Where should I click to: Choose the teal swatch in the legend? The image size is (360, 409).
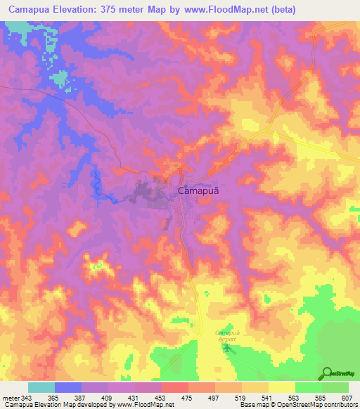coord(41,387)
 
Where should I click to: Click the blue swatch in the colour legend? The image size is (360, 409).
coord(68,387)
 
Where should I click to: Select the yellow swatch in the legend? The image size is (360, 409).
coord(282,387)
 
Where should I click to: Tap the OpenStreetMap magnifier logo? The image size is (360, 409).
coord(328,373)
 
